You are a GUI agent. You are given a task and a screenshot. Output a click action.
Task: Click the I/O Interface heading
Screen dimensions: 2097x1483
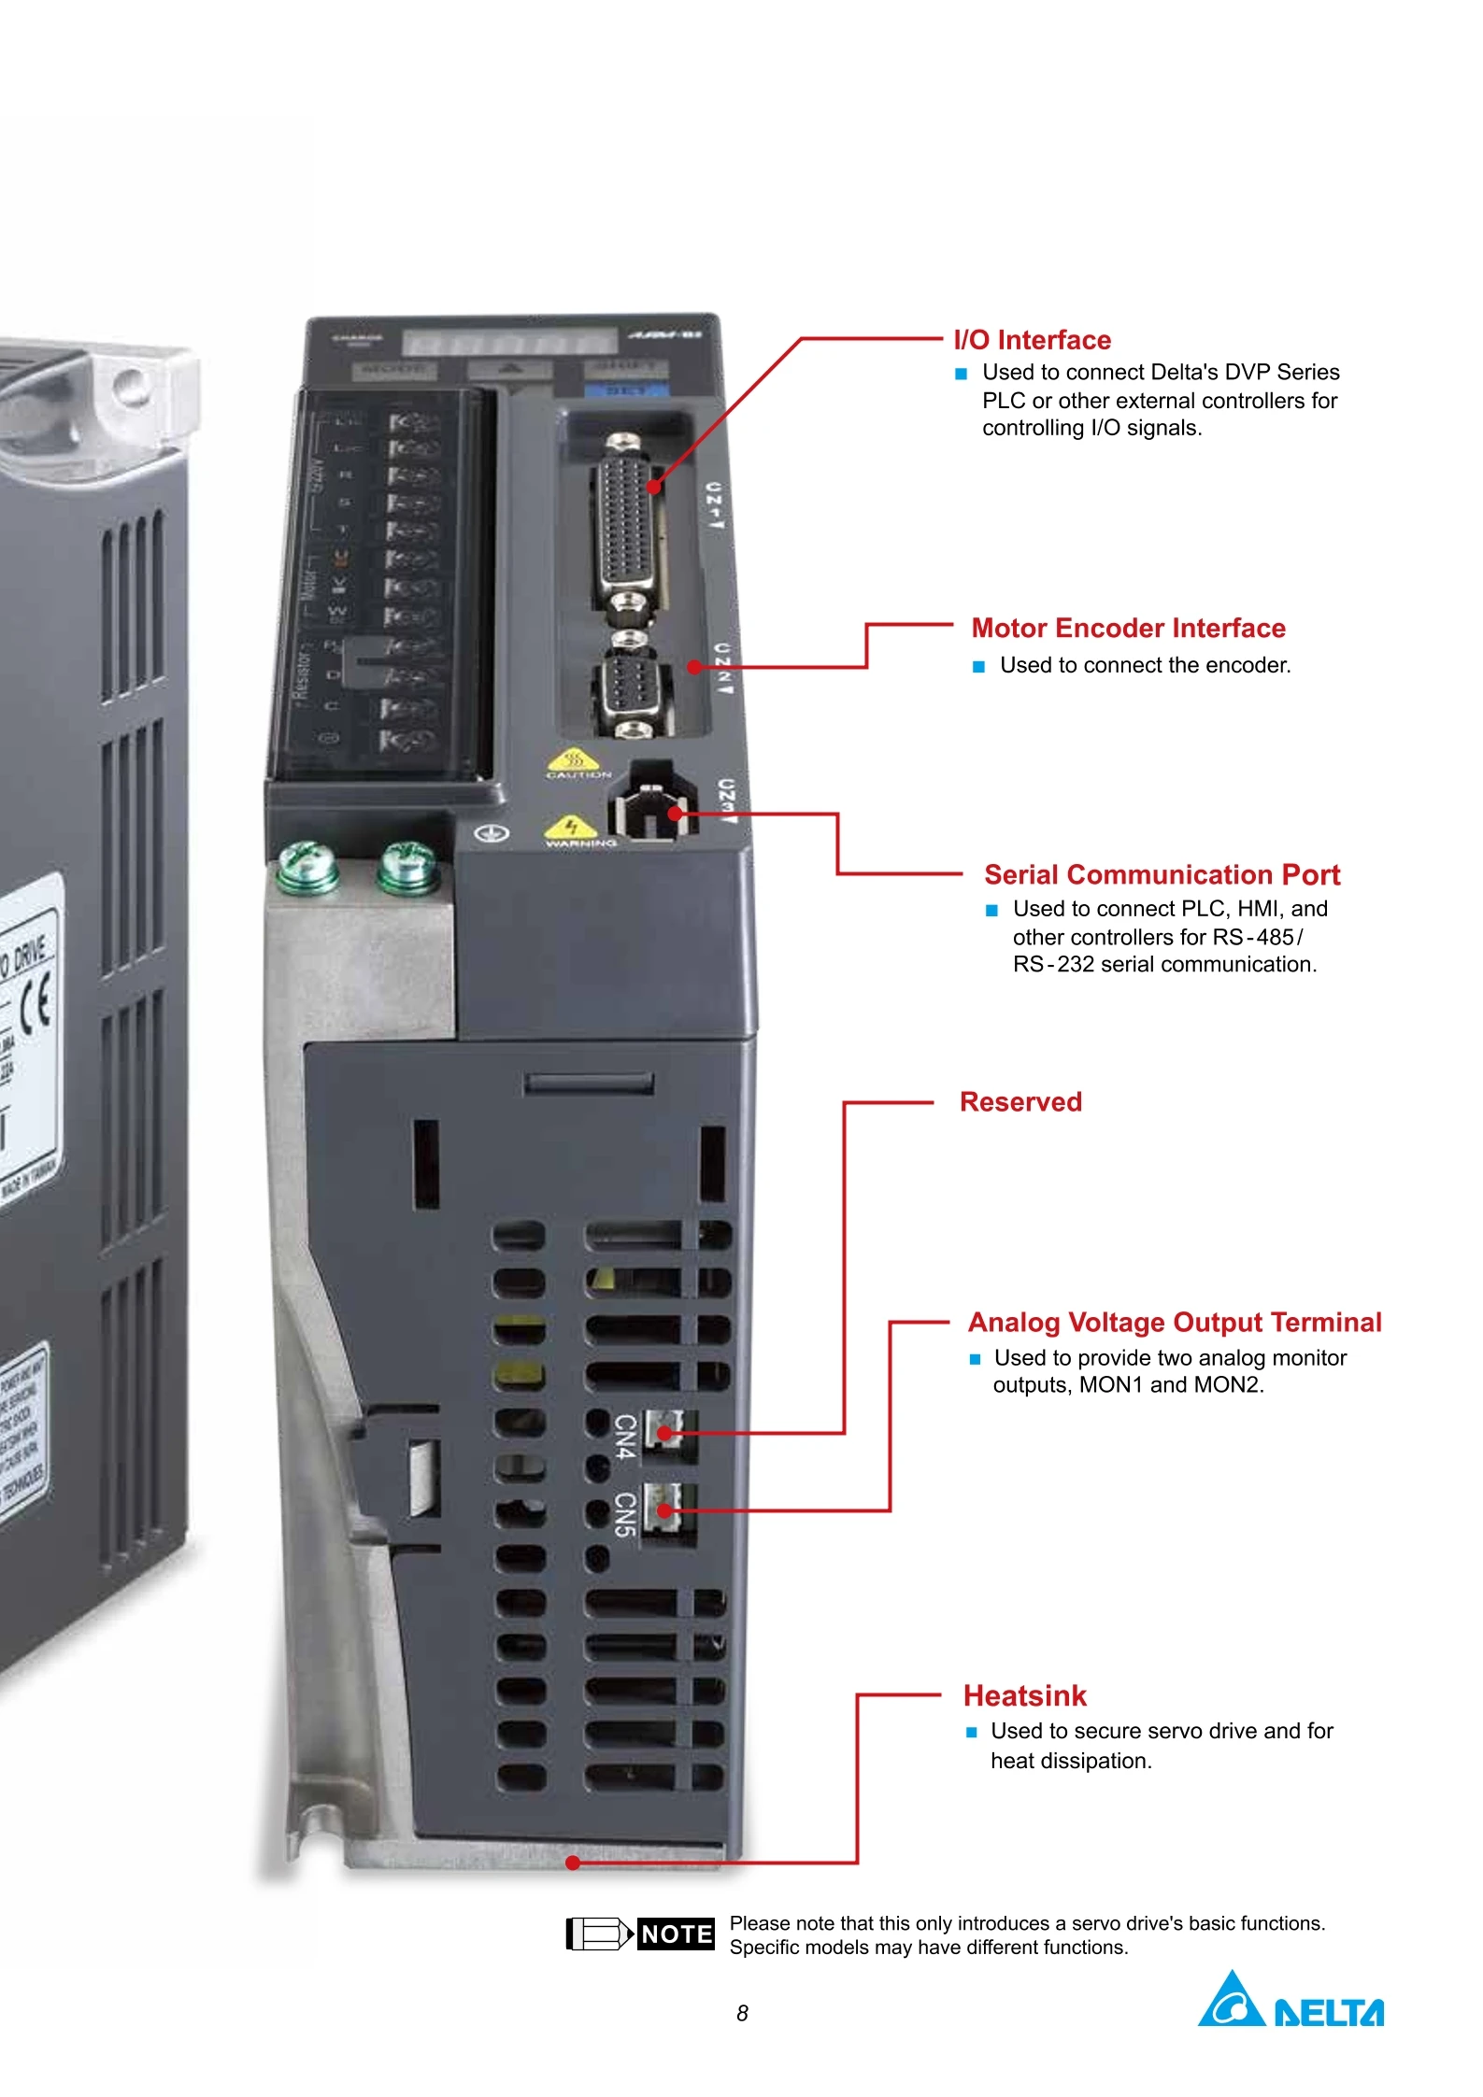pos(1032,340)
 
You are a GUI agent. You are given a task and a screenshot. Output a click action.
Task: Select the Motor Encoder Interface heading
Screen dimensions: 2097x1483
pos(1128,628)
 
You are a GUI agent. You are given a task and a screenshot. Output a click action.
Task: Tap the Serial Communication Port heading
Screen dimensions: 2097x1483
pos(1162,874)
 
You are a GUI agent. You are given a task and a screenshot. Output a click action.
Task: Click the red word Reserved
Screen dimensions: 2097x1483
pos(1020,1102)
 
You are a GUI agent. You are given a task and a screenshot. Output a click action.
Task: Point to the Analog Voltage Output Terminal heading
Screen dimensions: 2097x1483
pos(1175,1322)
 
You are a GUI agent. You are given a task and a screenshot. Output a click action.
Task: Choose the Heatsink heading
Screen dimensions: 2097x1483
pos(1025,1695)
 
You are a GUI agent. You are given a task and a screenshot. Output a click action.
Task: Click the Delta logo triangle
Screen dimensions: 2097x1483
pos(1232,2001)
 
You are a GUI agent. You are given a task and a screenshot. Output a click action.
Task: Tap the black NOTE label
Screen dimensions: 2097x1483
pos(676,1934)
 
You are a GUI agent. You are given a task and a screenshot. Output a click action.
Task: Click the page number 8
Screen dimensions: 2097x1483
pos(742,2014)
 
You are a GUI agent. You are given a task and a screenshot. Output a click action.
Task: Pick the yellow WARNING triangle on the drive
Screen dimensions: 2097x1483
pos(570,827)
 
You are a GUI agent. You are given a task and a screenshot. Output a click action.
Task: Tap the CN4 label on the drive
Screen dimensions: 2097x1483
pos(625,1436)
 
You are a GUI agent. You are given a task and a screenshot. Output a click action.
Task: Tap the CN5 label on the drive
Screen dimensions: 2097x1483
pos(625,1513)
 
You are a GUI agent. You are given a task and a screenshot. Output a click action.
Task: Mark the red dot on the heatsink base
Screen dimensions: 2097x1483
pos(573,1863)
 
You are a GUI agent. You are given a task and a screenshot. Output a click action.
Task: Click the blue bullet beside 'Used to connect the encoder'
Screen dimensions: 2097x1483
pos(978,667)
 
